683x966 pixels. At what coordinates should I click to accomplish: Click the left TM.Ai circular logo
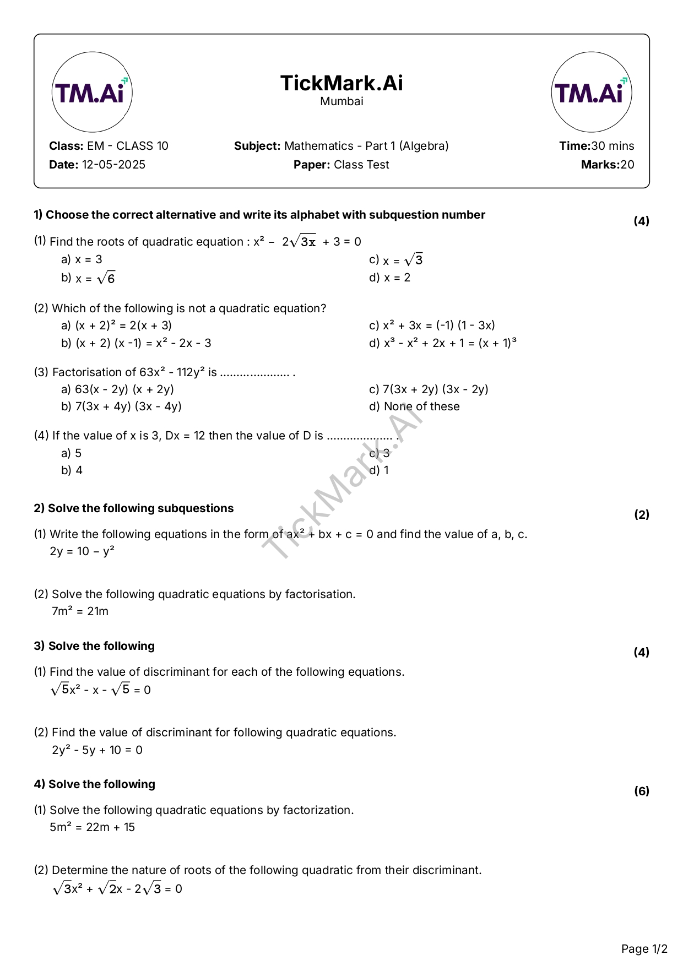pyautogui.click(x=92, y=92)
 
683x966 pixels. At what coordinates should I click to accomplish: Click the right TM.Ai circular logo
pyautogui.click(x=591, y=92)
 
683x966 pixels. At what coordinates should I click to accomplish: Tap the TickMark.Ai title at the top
pyautogui.click(x=341, y=83)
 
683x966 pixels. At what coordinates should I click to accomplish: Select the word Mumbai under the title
pyautogui.click(x=341, y=101)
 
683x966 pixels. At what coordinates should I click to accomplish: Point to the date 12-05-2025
pyautogui.click(x=113, y=165)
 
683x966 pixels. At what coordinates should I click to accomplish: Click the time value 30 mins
pyautogui.click(x=612, y=146)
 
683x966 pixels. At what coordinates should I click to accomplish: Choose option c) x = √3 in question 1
pyautogui.click(x=396, y=260)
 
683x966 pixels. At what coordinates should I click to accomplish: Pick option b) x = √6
pyautogui.click(x=88, y=278)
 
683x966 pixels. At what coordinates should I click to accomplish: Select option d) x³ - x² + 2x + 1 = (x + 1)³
pyautogui.click(x=443, y=343)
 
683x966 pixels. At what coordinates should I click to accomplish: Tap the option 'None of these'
pyautogui.click(x=421, y=406)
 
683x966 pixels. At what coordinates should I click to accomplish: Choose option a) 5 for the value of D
pyautogui.click(x=72, y=453)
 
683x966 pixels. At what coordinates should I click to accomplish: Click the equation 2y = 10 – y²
pyautogui.click(x=82, y=551)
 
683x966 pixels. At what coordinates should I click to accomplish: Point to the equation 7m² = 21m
pyautogui.click(x=80, y=611)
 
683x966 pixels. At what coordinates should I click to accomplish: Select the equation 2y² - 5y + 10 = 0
pyautogui.click(x=97, y=750)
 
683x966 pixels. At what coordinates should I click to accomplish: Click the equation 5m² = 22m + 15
pyautogui.click(x=92, y=827)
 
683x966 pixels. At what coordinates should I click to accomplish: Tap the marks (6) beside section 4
pyautogui.click(x=642, y=791)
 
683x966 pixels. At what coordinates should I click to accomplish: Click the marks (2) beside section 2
pyautogui.click(x=642, y=515)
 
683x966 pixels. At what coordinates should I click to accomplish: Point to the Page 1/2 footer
pyautogui.click(x=644, y=949)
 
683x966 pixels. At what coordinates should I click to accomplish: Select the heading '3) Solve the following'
pyautogui.click(x=94, y=646)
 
